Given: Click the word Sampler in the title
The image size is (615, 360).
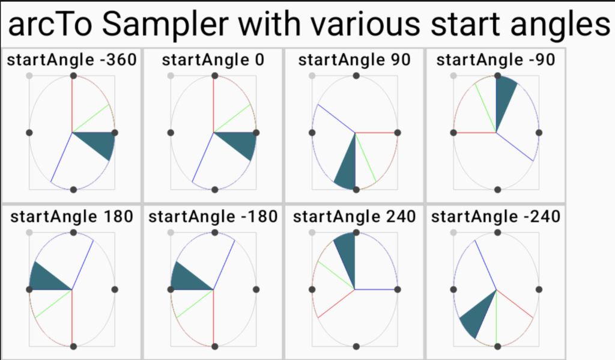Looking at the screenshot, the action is (165, 24).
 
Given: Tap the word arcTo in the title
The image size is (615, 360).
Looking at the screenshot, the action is (50, 24).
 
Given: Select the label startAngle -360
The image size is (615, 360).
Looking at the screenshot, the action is (72, 60).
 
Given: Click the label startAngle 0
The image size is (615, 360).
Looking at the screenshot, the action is (213, 60).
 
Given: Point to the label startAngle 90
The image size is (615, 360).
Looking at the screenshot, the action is (354, 60).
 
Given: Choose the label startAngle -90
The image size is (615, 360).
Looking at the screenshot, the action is (495, 60).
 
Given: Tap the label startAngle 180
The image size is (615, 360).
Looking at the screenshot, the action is (72, 217).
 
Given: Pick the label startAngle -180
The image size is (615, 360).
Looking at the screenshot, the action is (213, 217).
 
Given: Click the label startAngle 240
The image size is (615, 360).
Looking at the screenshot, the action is (354, 217).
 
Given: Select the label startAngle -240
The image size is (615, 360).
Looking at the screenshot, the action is (495, 217).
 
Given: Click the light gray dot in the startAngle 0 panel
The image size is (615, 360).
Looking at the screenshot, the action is (171, 76).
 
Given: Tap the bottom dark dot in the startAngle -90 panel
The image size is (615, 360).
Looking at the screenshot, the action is (498, 190).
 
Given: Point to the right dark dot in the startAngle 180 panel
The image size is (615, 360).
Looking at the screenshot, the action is (115, 289).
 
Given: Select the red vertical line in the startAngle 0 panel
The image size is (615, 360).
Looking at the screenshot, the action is (214, 104).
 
